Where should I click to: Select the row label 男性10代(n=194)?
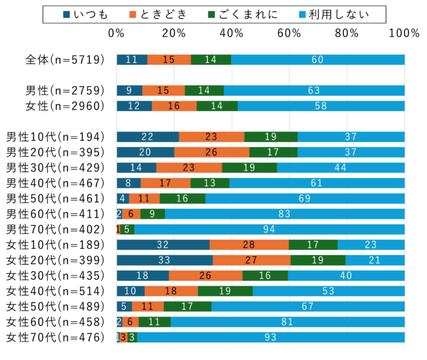pos(55,137)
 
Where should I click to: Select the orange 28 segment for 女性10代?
pos(249,244)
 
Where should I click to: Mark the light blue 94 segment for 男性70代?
pos(269,229)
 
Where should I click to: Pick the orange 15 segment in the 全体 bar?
pos(169,59)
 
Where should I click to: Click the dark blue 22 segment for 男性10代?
pos(148,137)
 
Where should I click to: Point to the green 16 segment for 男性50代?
pos(182,198)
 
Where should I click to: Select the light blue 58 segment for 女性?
pos(321,106)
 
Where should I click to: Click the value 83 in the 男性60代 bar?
pos(284,213)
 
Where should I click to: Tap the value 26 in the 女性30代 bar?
pos(206,275)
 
